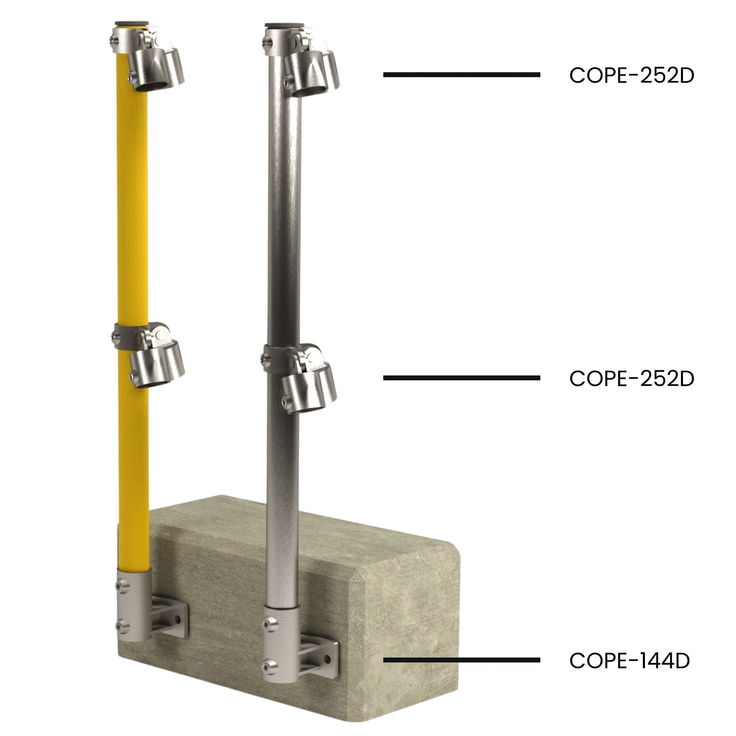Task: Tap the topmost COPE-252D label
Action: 632,75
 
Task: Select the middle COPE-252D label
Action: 632,379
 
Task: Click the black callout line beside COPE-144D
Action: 462,660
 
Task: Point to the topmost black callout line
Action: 462,75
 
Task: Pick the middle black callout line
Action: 462,378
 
